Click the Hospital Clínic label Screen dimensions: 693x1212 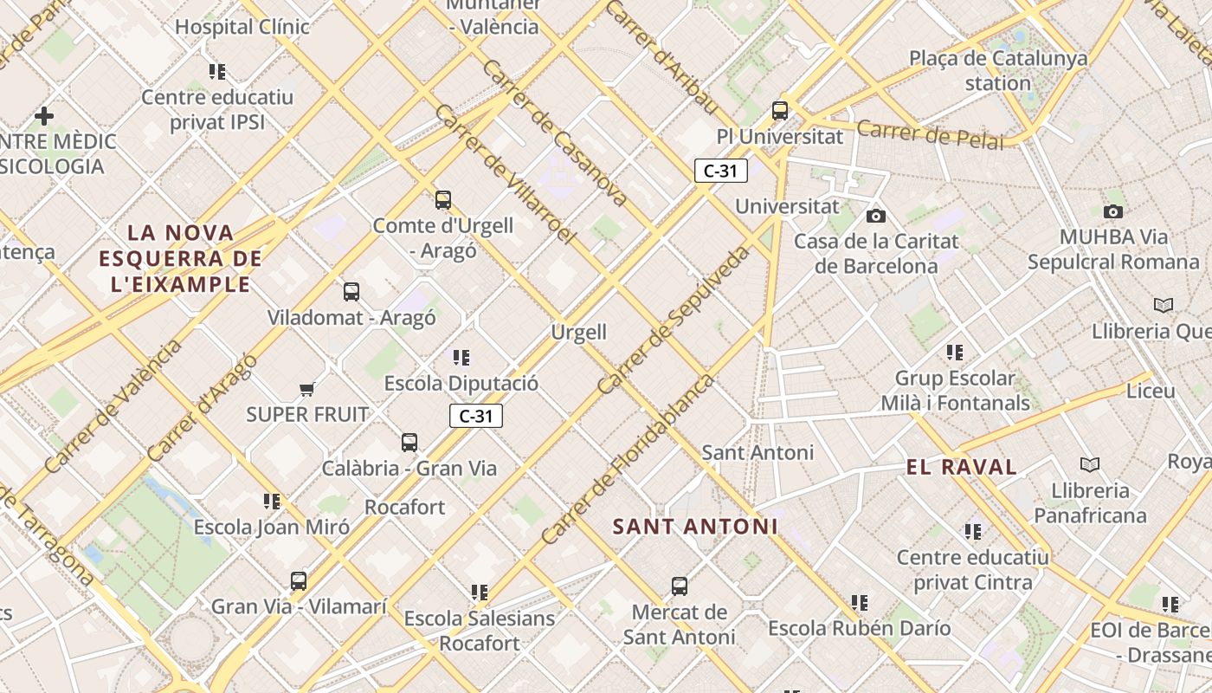coord(242,27)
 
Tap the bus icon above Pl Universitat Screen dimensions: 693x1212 coord(780,110)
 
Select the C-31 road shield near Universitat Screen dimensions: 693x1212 coord(720,171)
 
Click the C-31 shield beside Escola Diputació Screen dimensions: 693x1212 coord(475,416)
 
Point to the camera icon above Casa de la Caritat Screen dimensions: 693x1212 coord(875,216)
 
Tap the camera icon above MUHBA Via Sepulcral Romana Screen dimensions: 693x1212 coord(1113,211)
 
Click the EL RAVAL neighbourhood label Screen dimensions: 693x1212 coord(961,467)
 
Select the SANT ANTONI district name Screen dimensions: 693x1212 coord(695,527)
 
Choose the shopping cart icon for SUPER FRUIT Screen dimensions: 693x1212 coord(306,389)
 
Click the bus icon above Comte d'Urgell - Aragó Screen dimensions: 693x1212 coord(443,200)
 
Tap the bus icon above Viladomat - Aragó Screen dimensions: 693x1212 coord(351,292)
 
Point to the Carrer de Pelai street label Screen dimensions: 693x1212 coord(931,133)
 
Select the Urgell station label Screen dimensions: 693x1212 coord(579,332)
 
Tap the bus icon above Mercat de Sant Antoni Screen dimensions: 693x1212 coord(680,586)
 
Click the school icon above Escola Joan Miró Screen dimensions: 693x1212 coord(272,502)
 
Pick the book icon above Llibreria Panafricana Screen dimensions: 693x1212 coord(1090,465)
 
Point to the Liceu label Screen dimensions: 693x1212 coord(1151,391)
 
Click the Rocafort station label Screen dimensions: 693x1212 coord(404,507)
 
